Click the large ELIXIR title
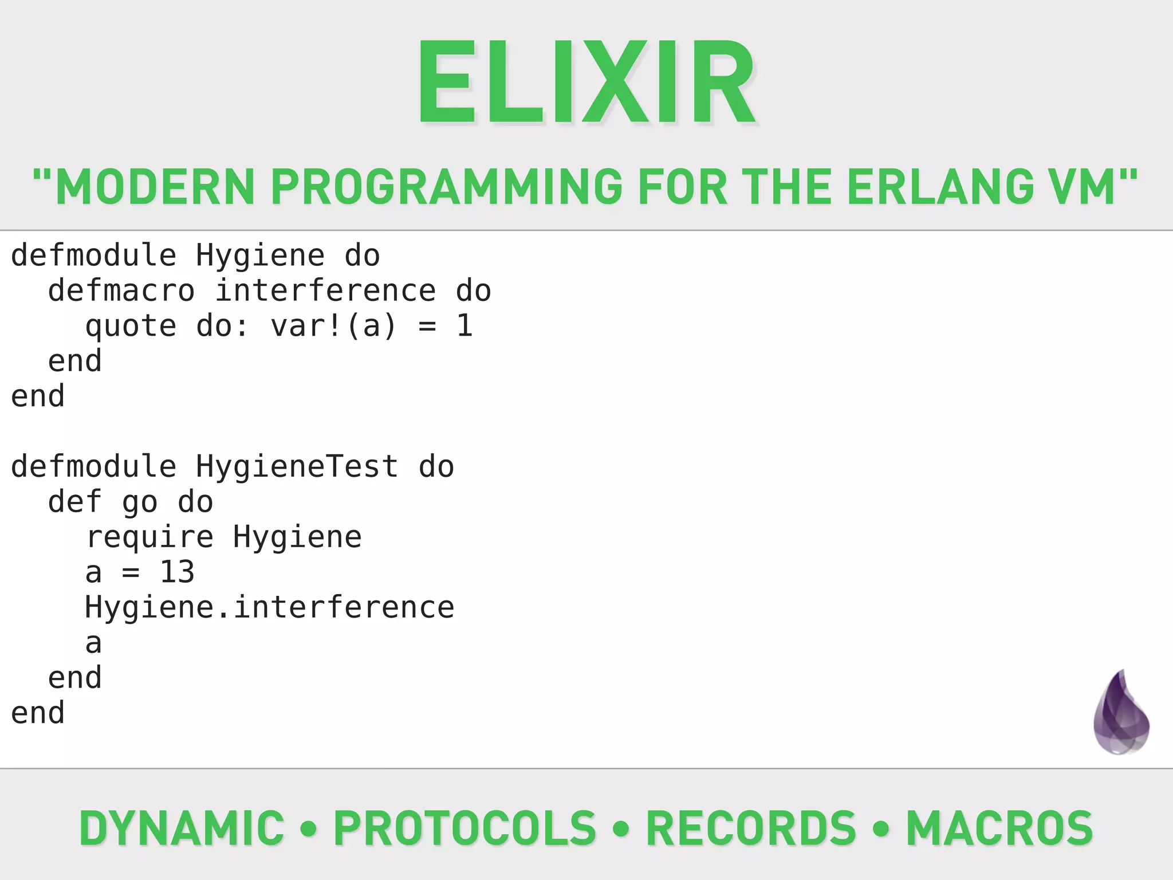coord(587,81)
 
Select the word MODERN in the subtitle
coord(155,187)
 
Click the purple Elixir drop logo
coord(1121,713)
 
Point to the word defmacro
coord(121,290)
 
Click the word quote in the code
coord(131,327)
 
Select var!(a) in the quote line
coord(333,325)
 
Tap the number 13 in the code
coord(177,572)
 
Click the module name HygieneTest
coord(297,466)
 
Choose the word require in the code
coord(149,537)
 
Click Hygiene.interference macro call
coord(269,607)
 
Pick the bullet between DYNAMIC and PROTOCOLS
coord(309,828)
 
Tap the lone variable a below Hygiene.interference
coord(93,643)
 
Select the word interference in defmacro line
coord(325,290)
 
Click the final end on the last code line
coord(38,713)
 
